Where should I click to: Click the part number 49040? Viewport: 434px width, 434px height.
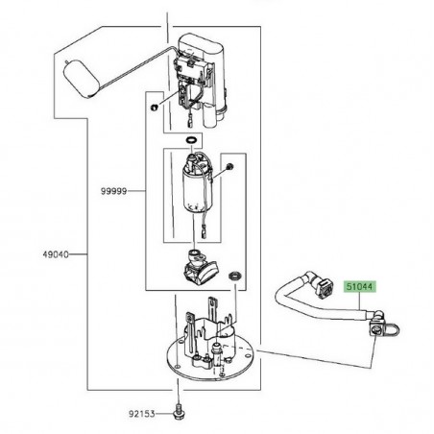coord(56,254)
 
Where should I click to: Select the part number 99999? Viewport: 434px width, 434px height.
coord(114,191)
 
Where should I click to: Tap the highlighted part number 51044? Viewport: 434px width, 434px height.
coord(360,287)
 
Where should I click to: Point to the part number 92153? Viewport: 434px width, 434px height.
coord(142,414)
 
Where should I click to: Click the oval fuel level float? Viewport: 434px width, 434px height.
coord(81,79)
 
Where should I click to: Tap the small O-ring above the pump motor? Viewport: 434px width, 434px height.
coord(191,140)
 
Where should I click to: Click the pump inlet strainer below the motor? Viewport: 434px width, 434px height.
coord(200,267)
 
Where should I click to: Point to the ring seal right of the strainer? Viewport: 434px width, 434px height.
coord(235,276)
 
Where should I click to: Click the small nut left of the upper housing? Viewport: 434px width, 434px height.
coord(154,108)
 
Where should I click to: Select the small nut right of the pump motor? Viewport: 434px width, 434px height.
coord(229,166)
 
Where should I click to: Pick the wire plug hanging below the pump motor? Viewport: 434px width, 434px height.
coord(205,232)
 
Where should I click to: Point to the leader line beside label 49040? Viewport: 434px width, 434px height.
coord(78,254)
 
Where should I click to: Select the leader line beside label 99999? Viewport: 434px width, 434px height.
coord(136,191)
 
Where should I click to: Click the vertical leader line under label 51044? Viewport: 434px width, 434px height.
coord(360,301)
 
